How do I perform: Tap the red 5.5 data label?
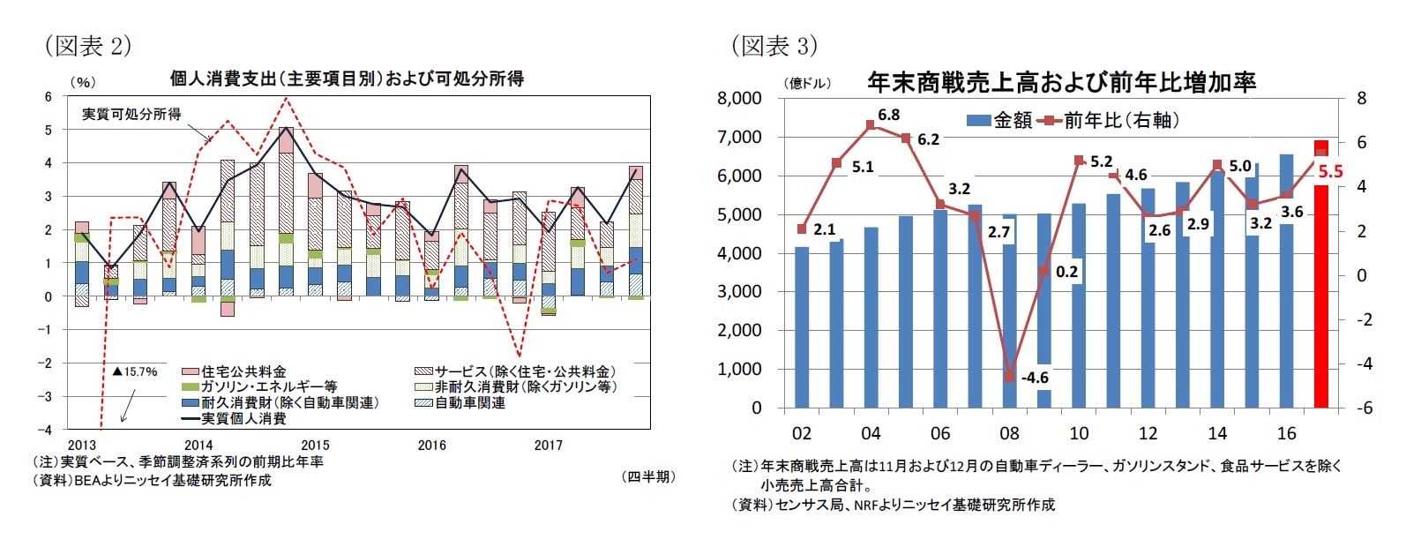point(1329,172)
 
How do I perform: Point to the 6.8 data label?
point(888,116)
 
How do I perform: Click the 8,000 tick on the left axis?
point(741,98)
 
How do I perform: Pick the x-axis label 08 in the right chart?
point(1009,433)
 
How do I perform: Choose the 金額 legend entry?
point(999,121)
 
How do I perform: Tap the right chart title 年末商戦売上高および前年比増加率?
point(1061,83)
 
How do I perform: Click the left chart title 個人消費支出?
point(347,79)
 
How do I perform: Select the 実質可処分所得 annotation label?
point(131,115)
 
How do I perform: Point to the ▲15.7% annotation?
point(134,371)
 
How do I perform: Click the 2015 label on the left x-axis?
point(315,446)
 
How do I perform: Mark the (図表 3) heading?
point(774,45)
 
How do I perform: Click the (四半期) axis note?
point(648,476)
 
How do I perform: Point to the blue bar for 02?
point(801,327)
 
